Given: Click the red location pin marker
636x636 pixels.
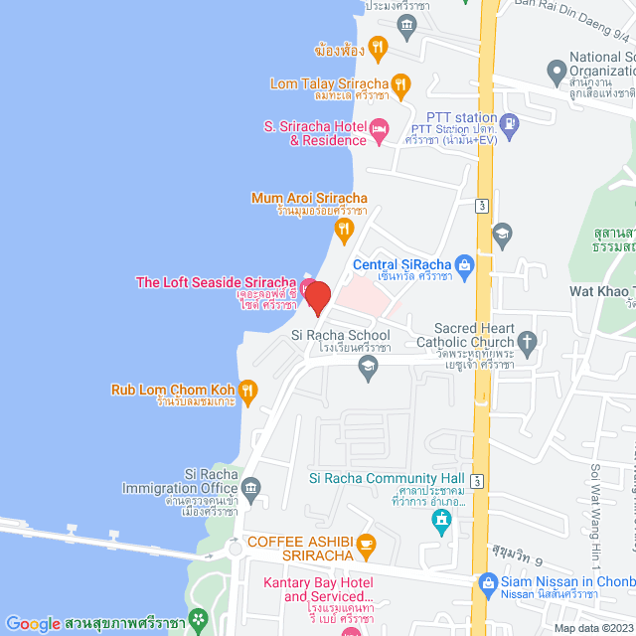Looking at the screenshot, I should [x=317, y=296].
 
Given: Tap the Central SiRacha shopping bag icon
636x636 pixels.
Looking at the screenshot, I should [x=463, y=264].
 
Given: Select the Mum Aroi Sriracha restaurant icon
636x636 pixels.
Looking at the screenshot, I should [x=343, y=231].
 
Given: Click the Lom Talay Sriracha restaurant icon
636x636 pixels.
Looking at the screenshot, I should [x=400, y=84].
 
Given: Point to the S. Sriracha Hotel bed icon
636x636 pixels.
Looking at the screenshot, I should [x=379, y=129].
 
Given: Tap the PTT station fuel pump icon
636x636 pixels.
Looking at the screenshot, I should [x=510, y=123].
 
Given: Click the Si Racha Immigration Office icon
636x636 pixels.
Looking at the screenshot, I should [x=251, y=487].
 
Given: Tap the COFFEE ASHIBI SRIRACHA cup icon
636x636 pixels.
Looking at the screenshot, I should [x=367, y=544].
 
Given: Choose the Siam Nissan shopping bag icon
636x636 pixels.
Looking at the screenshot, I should [x=487, y=583].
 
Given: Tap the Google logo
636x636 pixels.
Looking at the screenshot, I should [x=33, y=623].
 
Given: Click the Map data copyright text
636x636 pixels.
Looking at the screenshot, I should [x=592, y=628].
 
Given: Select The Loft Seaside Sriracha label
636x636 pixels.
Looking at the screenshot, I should [x=216, y=283].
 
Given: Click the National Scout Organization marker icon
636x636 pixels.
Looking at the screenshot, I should [x=556, y=72].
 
